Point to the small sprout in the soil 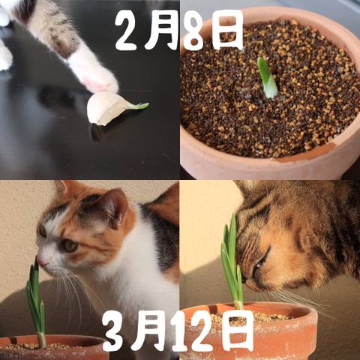coord(267,77)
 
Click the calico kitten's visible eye coord(69,246)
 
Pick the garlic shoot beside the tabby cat coord(232,262)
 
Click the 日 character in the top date coord(226,30)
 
